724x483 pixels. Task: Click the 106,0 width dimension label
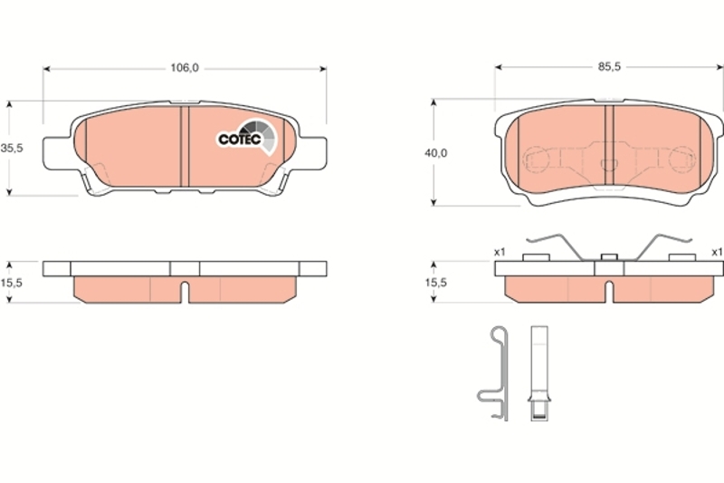point(185,68)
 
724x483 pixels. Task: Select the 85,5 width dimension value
point(609,67)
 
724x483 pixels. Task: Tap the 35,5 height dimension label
point(12,149)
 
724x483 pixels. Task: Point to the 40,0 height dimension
point(436,153)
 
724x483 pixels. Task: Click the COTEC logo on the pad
point(247,137)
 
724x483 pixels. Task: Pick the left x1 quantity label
point(500,252)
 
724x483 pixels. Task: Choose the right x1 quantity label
point(717,252)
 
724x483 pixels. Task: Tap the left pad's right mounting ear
point(312,153)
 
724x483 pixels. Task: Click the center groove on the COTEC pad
point(185,147)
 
